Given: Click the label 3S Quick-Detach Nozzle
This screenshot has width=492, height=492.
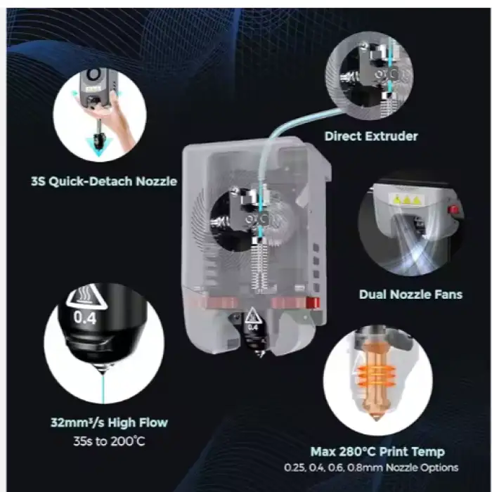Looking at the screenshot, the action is (x=104, y=181).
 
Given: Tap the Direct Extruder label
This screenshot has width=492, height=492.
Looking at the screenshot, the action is (x=371, y=136).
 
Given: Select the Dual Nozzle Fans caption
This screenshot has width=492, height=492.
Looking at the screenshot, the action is (x=410, y=294).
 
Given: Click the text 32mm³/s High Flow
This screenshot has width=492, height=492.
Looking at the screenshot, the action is (x=109, y=422).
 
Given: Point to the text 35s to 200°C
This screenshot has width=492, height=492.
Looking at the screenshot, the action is (x=109, y=441).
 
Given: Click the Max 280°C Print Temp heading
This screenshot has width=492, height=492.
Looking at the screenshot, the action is (x=377, y=451).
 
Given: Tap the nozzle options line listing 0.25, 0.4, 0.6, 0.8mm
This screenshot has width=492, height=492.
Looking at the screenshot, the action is (x=371, y=467).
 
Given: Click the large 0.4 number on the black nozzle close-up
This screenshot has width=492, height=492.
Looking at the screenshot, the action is (x=85, y=318).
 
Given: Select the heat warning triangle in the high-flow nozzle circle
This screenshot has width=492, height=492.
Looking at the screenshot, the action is (x=86, y=296).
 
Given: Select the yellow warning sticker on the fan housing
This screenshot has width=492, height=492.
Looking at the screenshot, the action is (x=407, y=200).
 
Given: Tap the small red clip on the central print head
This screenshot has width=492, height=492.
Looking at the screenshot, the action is (x=313, y=303).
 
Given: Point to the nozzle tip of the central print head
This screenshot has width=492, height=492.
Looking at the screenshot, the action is (x=260, y=354).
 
